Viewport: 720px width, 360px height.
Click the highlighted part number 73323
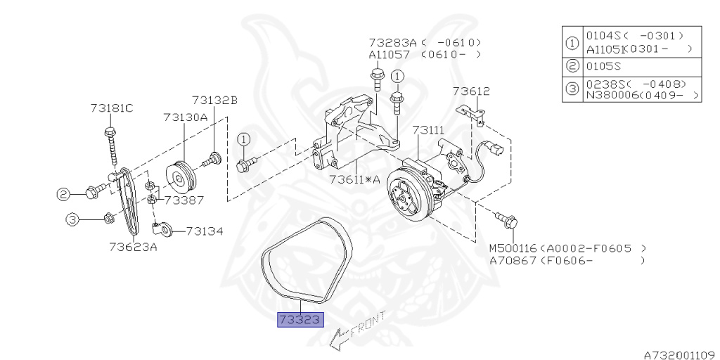pos(301,320)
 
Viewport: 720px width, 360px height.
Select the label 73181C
pos(111,108)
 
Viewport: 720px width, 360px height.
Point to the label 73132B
pos(214,101)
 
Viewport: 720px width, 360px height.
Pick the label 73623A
pos(133,246)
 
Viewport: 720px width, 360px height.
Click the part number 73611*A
pos(354,179)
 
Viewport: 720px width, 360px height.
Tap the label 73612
pos(471,91)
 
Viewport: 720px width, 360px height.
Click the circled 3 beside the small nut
pos(72,219)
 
